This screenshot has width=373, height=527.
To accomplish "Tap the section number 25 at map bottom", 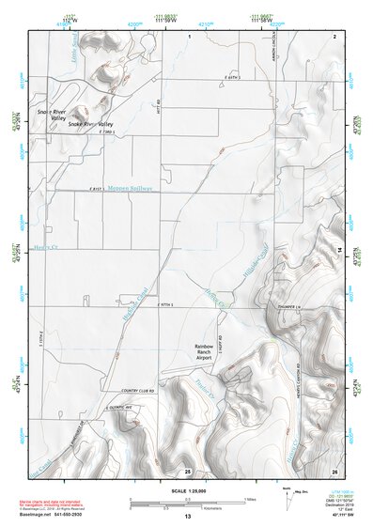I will pyautogui.click(x=188, y=470).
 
